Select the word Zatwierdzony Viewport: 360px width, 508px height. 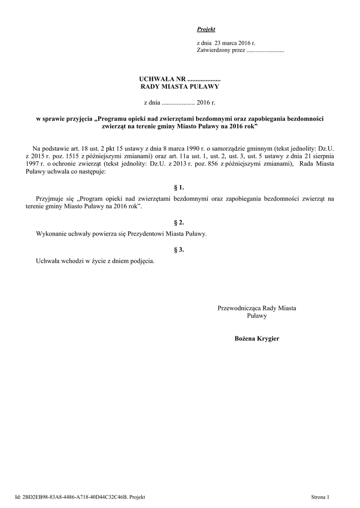pos(214,51)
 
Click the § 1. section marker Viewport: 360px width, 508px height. pos(179,188)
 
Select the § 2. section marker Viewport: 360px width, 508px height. pos(179,223)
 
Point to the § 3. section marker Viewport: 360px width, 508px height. pos(179,250)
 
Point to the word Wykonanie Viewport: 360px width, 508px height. pos(51,233)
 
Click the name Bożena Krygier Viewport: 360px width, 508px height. pos(257,338)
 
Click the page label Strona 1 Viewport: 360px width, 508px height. pos(320,497)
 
